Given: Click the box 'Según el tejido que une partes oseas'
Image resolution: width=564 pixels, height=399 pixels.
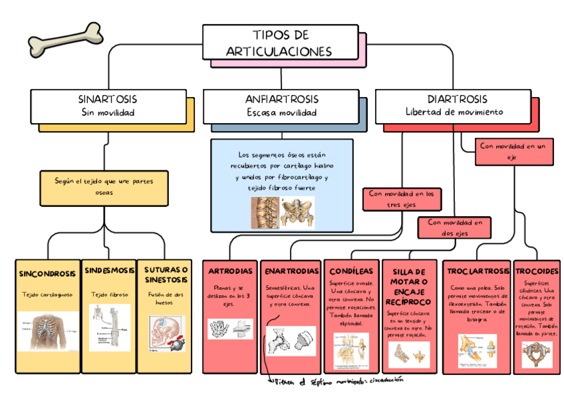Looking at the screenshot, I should (x=104, y=186).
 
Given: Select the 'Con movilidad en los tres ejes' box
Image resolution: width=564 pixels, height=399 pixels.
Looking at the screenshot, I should (x=403, y=199).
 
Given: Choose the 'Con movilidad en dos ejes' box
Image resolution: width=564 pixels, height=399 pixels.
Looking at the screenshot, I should (x=455, y=227).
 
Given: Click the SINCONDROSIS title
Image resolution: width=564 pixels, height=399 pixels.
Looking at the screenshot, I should (x=47, y=273).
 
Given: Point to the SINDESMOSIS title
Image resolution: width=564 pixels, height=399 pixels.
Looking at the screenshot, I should (x=109, y=270).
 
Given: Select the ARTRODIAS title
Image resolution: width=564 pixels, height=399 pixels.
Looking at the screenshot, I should (x=230, y=271).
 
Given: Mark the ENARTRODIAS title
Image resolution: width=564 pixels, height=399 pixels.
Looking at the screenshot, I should (x=291, y=271).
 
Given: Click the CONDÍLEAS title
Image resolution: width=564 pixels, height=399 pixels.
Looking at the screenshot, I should (x=351, y=271).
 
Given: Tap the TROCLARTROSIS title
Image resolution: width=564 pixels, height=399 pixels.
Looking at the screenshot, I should (x=476, y=271).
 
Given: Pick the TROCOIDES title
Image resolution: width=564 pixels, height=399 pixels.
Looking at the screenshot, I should (x=536, y=271).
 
